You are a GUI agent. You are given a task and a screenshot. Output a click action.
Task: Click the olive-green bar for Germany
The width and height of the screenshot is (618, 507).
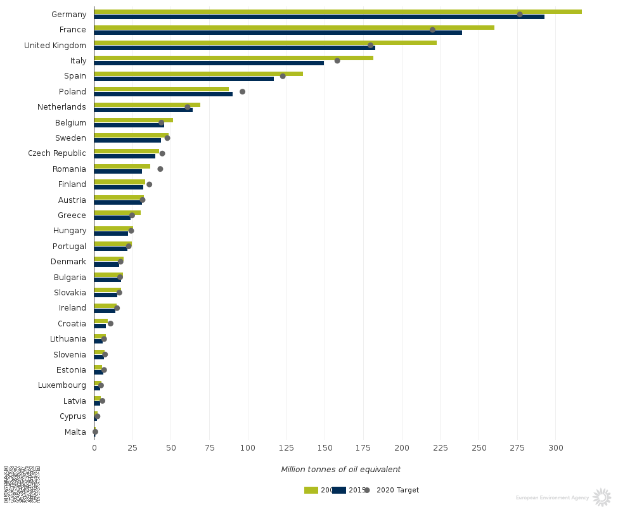click(337, 11)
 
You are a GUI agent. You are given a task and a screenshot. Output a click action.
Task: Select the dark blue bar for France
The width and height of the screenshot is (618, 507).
click(278, 32)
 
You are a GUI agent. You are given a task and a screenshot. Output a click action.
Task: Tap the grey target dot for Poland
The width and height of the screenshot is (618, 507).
click(242, 92)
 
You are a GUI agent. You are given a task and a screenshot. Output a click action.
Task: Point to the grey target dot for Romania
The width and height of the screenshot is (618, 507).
click(160, 169)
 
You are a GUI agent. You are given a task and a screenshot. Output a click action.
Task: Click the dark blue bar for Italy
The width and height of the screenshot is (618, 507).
click(209, 63)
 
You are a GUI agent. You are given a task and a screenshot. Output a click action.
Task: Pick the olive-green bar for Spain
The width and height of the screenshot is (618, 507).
click(198, 74)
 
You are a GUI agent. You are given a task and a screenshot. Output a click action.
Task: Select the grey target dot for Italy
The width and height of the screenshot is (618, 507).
click(337, 61)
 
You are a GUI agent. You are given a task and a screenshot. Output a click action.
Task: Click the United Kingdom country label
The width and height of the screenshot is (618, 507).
click(55, 46)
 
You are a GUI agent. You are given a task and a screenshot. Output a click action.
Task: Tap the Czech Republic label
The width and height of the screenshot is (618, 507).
click(57, 153)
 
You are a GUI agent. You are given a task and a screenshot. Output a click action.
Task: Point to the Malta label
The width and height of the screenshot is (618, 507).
click(75, 432)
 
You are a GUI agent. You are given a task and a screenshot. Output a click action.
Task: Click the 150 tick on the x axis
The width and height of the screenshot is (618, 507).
click(325, 448)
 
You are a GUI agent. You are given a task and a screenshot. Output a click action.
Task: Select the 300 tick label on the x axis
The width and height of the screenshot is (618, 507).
click(556, 448)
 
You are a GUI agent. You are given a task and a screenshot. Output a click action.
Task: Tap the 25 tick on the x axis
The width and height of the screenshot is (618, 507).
click(132, 448)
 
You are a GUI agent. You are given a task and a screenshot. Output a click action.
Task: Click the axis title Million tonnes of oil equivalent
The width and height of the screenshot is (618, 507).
click(340, 470)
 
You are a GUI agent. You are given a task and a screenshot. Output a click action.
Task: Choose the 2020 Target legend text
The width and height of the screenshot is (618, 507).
click(397, 490)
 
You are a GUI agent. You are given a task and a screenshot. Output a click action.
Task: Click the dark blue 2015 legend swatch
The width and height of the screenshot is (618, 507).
click(339, 490)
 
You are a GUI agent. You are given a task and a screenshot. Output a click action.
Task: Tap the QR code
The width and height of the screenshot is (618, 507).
click(22, 484)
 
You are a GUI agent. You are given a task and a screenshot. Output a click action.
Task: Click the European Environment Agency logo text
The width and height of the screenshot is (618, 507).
click(552, 498)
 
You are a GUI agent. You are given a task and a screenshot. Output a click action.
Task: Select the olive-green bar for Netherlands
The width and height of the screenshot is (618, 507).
click(147, 105)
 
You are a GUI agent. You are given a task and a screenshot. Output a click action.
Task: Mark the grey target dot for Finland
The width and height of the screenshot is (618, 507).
click(150, 184)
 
